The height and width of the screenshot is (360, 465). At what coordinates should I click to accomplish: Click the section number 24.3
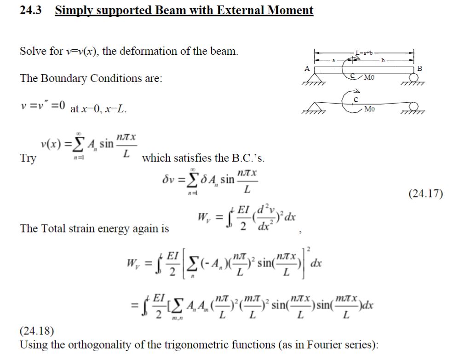pyautogui.click(x=30, y=10)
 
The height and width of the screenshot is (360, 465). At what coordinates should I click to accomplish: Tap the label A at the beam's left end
pyautogui.click(x=307, y=68)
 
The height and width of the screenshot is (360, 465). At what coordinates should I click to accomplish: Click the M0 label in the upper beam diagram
pyautogui.click(x=369, y=77)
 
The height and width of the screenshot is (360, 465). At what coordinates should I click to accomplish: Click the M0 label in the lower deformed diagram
pyautogui.click(x=369, y=109)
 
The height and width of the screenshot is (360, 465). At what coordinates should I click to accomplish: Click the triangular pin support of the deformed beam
pyautogui.click(x=313, y=106)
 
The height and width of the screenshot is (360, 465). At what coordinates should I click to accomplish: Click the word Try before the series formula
pyautogui.click(x=28, y=158)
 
